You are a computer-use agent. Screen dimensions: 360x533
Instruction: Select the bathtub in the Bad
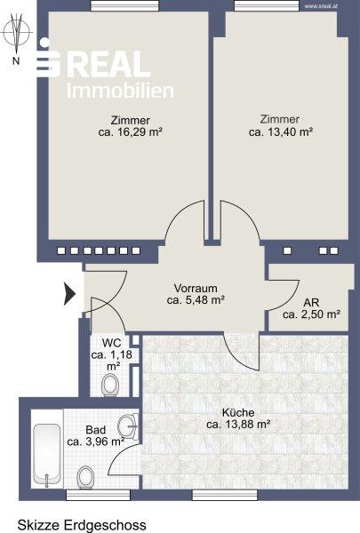pos(47,449)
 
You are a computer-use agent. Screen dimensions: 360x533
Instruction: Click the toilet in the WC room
pos(110,385)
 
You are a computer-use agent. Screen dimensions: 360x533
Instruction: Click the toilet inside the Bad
pos(85,477)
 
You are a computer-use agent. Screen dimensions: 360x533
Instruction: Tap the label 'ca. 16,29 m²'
pos(131,131)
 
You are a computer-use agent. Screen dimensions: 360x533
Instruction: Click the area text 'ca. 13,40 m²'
pos(281,131)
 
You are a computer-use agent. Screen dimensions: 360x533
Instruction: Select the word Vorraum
pos(196,288)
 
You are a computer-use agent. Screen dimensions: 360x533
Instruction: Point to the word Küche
pos(238,413)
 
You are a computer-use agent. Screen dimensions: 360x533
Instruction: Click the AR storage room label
pos(311,302)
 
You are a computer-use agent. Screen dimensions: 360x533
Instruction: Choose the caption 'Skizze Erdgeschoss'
pos(82,525)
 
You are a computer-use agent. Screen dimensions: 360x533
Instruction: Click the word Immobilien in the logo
pos(120,91)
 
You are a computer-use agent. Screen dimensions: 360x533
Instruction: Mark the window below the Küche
pos(225,495)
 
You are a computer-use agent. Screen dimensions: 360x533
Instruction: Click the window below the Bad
pos(98,495)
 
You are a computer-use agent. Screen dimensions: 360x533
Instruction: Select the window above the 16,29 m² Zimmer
pos(124,6)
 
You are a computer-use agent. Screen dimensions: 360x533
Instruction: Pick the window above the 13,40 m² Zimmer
pos(267,6)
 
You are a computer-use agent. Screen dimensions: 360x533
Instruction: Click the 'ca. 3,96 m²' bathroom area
pos(96,442)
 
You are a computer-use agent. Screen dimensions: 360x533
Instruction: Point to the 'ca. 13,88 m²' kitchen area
pos(238,425)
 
